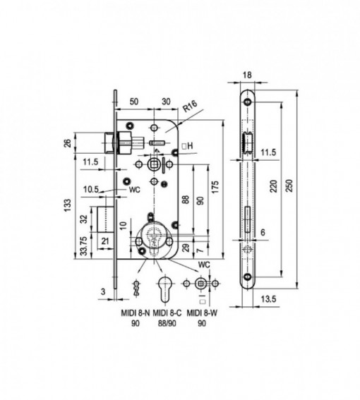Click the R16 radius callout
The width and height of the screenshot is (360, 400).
tap(190, 107)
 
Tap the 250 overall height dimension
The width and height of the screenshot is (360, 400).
tap(291, 186)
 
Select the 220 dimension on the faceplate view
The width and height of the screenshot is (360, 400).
tap(274, 186)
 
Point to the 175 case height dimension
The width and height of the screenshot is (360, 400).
tap(215, 187)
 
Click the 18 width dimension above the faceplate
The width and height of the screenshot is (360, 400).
tap(247, 75)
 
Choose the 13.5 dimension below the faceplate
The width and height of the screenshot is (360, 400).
tap(269, 299)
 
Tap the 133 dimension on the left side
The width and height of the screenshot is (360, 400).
tap(68, 205)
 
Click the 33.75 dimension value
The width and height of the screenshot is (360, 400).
tap(84, 246)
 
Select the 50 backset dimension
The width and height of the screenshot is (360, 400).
tap(134, 102)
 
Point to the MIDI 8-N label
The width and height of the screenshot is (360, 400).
tap(136, 313)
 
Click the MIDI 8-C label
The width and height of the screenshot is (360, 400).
tap(167, 313)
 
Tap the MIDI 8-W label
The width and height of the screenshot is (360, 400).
tap(202, 313)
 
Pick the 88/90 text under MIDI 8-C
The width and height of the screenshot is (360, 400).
tap(167, 324)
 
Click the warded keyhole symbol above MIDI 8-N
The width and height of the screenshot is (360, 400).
tap(136, 288)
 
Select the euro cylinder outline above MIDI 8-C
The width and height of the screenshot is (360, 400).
tap(164, 289)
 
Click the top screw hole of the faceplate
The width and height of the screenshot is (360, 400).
tap(247, 102)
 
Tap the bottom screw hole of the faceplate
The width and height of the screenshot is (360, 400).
tap(247, 277)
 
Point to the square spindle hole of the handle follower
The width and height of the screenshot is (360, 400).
tap(154, 164)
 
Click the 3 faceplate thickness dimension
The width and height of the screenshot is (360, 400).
tap(103, 292)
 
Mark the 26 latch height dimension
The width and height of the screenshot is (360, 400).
tap(68, 143)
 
